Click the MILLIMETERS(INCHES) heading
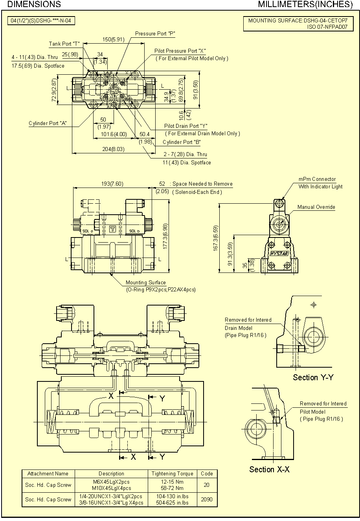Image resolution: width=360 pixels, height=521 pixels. pyautogui.click(x=305, y=4)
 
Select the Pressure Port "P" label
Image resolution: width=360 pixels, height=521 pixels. pyautogui.click(x=155, y=34)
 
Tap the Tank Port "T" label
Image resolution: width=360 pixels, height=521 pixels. pyautogui.click(x=64, y=44)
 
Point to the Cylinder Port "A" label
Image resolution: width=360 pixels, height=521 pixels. pyautogui.click(x=48, y=123)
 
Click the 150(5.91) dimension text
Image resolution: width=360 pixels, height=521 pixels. pyautogui.click(x=113, y=39)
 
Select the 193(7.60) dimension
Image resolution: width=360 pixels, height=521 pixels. pyautogui.click(x=112, y=184)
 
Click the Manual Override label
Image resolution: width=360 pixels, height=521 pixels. pyautogui.click(x=316, y=207)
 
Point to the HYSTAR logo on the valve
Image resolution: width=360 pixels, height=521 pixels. pyautogui.click(x=279, y=254)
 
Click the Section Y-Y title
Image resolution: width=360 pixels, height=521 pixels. pyautogui.click(x=313, y=377)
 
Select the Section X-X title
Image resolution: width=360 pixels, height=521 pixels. pyautogui.click(x=269, y=469)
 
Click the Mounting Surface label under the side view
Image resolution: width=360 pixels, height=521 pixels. pyautogui.click(x=145, y=283)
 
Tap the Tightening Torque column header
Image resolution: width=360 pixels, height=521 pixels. pyautogui.click(x=172, y=473)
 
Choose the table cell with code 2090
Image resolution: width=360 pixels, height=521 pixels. pyautogui.click(x=206, y=499)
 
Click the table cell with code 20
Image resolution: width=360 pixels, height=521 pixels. pyautogui.click(x=206, y=485)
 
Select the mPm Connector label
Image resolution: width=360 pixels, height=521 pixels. pyautogui.click(x=317, y=179)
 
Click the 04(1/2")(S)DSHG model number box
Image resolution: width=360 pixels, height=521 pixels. pyautogui.click(x=41, y=20)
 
